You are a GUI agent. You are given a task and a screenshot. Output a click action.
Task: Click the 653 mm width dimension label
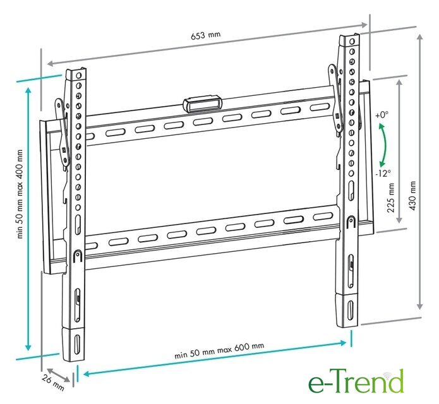pyautogui.click(x=205, y=35)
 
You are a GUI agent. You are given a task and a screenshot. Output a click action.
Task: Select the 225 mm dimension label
pyautogui.click(x=391, y=198)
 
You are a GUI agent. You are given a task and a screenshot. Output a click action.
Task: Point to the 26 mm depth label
pyautogui.click(x=53, y=383)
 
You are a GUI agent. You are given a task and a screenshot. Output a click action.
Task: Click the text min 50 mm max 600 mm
pyautogui.click(x=219, y=350)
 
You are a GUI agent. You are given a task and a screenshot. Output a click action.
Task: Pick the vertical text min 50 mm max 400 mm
pyautogui.click(x=20, y=194)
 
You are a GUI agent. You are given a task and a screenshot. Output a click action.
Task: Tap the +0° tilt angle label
pyautogui.click(x=382, y=115)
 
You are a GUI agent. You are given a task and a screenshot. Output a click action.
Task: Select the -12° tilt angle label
pyautogui.click(x=383, y=174)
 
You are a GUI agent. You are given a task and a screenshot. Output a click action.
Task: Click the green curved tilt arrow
pyautogui.click(x=385, y=145)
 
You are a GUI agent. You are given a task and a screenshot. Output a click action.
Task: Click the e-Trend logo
pyautogui.click(x=356, y=381)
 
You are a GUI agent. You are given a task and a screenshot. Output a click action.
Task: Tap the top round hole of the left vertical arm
pyautogui.click(x=79, y=76)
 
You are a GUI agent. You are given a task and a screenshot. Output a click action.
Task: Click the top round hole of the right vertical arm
pyautogui.click(x=352, y=42)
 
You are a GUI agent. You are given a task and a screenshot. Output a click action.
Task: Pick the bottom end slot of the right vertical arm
pyautogui.click(x=350, y=309)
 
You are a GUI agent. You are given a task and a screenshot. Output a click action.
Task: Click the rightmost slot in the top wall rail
pyautogui.click(x=320, y=107)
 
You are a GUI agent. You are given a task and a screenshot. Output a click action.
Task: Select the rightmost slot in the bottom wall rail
pyautogui.click(x=323, y=217)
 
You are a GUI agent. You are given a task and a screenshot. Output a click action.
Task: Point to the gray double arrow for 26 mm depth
pyautogui.click(x=58, y=375)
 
